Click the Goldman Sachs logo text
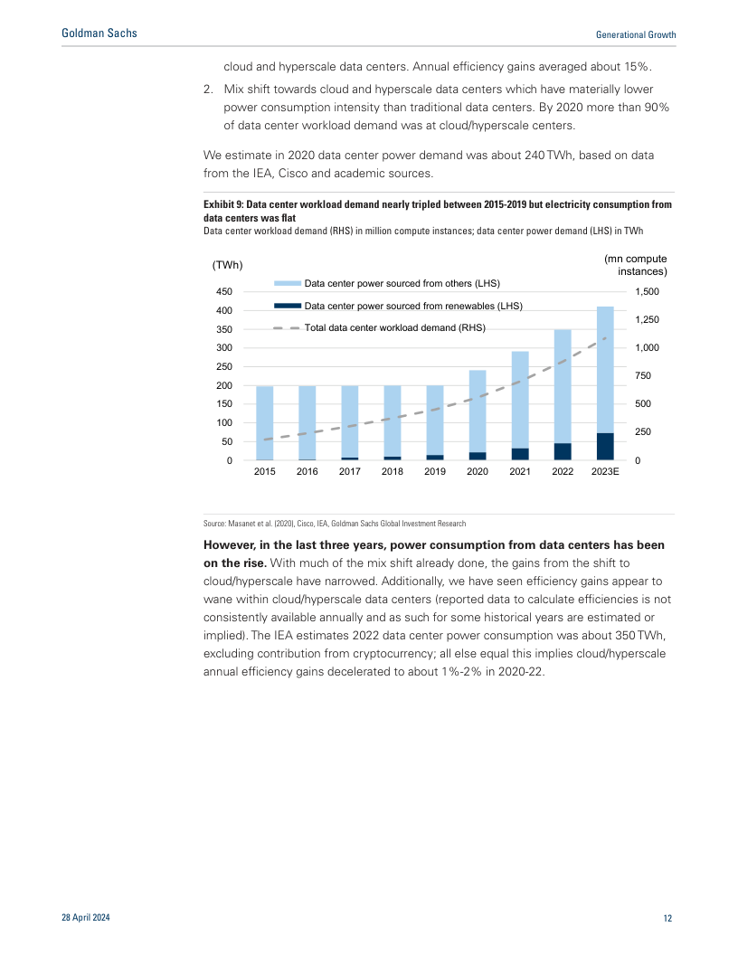click(99, 33)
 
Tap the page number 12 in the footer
click(667, 919)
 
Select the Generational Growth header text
click(636, 34)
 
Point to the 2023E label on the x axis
click(605, 471)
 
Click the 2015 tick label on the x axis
click(264, 471)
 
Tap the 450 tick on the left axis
click(222, 292)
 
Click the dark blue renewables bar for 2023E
click(605, 447)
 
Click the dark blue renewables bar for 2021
click(520, 454)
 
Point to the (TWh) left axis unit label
click(227, 265)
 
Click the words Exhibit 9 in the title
click(223, 205)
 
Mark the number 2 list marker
click(208, 90)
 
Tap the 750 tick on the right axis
click(641, 376)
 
